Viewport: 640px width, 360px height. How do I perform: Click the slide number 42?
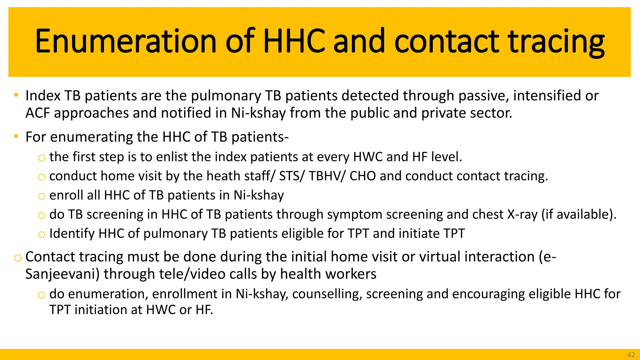[631, 355]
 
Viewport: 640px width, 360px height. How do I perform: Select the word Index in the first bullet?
[42, 96]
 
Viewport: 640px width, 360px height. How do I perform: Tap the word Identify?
[72, 234]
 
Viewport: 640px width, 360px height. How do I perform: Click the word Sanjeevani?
[62, 274]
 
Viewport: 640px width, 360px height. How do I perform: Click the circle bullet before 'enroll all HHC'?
[41, 197]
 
